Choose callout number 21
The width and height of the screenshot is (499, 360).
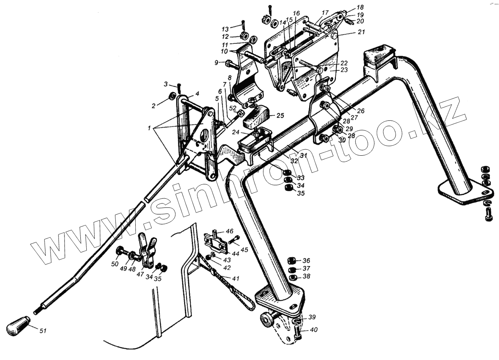pyautogui.click(x=361, y=33)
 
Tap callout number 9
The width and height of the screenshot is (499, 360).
pyautogui.click(x=216, y=63)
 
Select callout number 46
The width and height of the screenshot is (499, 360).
pyautogui.click(x=230, y=231)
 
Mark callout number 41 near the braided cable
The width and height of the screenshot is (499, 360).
pyautogui.click(x=236, y=279)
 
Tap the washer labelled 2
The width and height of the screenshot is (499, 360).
pyautogui.click(x=173, y=96)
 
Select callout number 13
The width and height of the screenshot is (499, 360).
pyautogui.click(x=225, y=29)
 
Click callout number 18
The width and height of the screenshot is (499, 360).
pyautogui.click(x=360, y=8)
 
